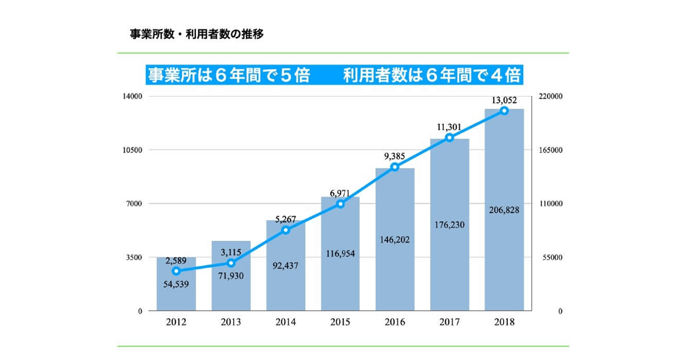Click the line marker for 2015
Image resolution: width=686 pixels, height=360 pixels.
(x=340, y=204)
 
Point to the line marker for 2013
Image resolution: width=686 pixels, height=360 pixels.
(x=231, y=263)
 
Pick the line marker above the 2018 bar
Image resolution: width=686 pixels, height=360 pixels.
(x=504, y=110)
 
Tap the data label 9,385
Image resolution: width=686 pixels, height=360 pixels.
(x=394, y=155)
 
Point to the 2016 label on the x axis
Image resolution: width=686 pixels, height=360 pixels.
(x=394, y=322)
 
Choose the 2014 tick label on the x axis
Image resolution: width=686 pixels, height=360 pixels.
(x=285, y=322)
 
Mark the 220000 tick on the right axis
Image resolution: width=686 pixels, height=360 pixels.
(x=552, y=97)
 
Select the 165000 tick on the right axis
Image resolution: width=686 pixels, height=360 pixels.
(x=552, y=150)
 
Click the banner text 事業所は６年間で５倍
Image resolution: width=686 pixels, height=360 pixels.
(x=229, y=75)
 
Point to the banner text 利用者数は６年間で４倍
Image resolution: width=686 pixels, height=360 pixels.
(x=432, y=75)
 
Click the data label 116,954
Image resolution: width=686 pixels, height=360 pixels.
(x=340, y=253)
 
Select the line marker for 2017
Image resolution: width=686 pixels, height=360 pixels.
(x=449, y=138)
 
